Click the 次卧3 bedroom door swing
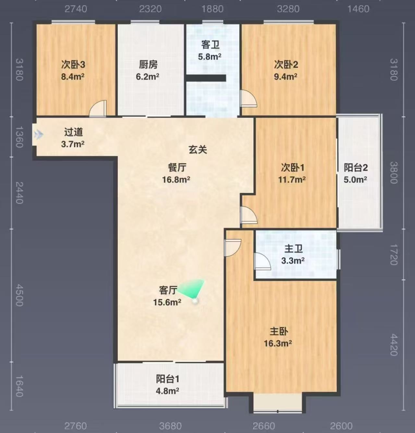[x=98, y=108]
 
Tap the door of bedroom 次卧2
[x=249, y=98]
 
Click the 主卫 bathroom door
[x=263, y=261]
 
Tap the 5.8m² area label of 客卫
[x=210, y=57]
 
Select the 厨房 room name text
[x=148, y=65]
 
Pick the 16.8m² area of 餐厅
[x=176, y=179]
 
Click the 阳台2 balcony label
[x=356, y=167]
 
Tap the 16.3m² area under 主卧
[x=278, y=343]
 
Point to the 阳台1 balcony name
[x=167, y=379]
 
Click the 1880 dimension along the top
[x=213, y=9]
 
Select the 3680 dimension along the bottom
[x=171, y=426]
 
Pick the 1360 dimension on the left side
[x=19, y=137]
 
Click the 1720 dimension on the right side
[x=394, y=255]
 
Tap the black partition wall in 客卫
[x=206, y=78]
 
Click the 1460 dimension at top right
[x=358, y=9]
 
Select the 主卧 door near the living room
[x=233, y=248]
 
